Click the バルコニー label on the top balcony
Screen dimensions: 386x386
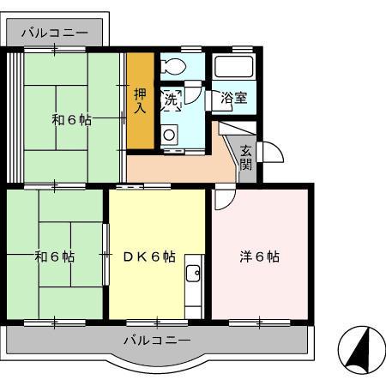coord(55,33)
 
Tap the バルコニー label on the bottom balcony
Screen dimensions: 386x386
coord(157,340)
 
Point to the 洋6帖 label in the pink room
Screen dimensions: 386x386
coord(259,256)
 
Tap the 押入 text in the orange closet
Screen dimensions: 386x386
coord(141,100)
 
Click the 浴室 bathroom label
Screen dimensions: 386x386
coord(234,98)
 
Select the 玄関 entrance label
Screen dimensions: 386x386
coord(246,158)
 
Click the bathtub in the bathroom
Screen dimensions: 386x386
coord(233,68)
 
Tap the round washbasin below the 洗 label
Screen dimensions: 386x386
coord(168,133)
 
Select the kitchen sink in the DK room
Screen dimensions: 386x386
coord(192,275)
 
